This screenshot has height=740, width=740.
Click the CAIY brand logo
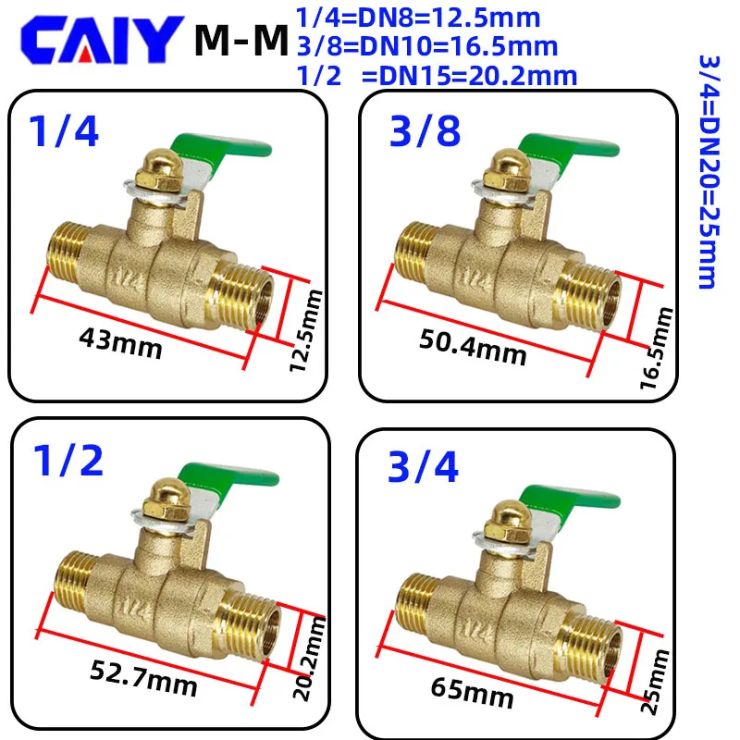(x=102, y=40)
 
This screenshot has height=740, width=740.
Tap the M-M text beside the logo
(x=241, y=41)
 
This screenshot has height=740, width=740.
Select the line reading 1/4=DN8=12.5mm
(x=418, y=18)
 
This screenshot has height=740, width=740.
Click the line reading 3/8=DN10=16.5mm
(x=427, y=47)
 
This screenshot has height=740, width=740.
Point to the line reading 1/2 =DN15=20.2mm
(x=437, y=76)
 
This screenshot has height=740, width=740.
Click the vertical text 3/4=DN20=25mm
(x=709, y=171)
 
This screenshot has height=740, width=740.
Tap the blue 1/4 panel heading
(x=64, y=131)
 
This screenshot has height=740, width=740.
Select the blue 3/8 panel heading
(x=425, y=131)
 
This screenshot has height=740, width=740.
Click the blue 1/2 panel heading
(x=68, y=461)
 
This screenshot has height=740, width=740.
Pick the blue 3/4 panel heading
(x=423, y=467)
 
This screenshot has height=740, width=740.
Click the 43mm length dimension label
(x=120, y=343)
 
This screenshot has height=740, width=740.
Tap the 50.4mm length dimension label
(x=473, y=347)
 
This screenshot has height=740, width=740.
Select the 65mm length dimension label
(x=472, y=693)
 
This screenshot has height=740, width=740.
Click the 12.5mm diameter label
(x=306, y=330)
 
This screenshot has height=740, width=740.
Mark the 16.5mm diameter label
(x=656, y=349)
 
